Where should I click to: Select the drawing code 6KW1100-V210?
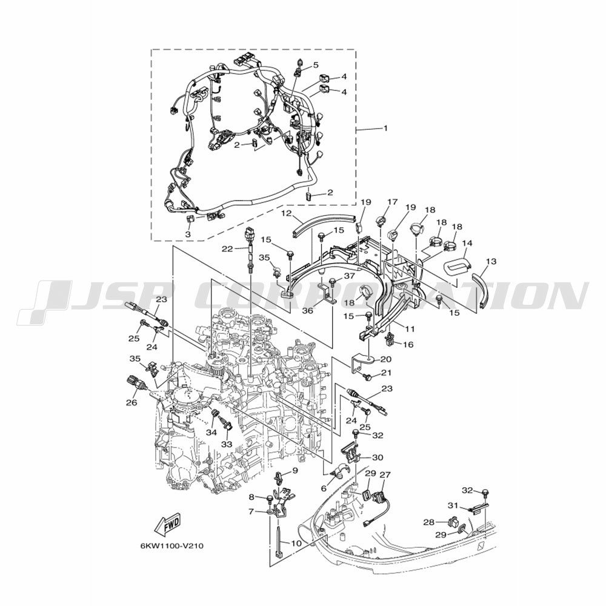click(x=171, y=546)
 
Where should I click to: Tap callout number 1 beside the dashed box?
click(x=385, y=128)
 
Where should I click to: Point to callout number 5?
click(x=316, y=65)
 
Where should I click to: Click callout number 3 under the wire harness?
click(x=188, y=234)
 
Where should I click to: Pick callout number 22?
click(x=227, y=249)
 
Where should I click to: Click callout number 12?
click(x=297, y=213)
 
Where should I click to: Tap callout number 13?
click(x=491, y=262)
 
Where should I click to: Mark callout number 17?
click(x=392, y=202)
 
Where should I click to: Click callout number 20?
click(x=386, y=359)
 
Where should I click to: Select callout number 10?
click(x=296, y=543)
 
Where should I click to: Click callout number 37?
click(x=350, y=276)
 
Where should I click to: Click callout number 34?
click(x=211, y=432)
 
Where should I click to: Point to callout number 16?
click(x=408, y=344)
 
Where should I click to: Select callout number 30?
click(x=378, y=457)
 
